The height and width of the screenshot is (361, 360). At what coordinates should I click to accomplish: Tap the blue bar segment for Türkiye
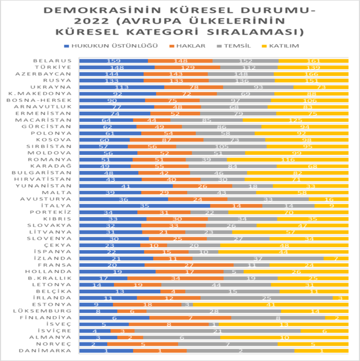117,67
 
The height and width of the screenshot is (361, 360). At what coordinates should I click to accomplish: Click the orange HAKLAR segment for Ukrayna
194,87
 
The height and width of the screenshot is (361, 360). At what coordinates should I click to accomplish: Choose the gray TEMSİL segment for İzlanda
258,258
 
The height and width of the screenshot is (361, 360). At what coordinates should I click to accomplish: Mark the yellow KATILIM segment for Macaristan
295,120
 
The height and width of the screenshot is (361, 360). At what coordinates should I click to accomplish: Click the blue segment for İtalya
144,205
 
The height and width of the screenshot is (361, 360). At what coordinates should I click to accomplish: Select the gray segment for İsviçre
217,331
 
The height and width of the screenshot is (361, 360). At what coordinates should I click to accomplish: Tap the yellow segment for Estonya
270,304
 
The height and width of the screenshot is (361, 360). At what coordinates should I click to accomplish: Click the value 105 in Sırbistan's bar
221,146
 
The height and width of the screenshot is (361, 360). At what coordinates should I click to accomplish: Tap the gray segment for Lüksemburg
214,311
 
